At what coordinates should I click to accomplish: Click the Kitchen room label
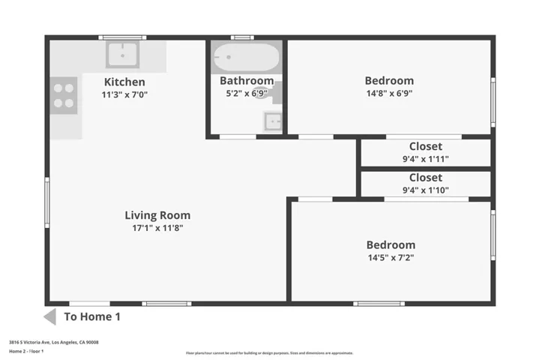pos(124,82)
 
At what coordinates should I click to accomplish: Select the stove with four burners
pos(64,95)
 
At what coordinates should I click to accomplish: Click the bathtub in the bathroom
pos(246,56)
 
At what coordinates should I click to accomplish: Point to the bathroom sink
pos(273,120)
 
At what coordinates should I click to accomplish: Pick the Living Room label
pos(157,215)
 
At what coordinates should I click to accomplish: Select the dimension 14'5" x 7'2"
pos(390,257)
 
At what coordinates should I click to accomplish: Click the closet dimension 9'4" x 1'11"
pos(425,159)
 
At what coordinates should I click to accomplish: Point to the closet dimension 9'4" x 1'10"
pos(425,190)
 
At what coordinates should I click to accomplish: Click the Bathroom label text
pos(247,81)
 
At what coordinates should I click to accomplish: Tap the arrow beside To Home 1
pos(49,316)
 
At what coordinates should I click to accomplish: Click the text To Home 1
pos(92,316)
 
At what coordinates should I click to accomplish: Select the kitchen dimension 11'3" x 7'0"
pos(124,94)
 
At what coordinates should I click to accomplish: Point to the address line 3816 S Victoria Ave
pos(54,342)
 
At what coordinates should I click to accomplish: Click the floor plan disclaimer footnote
pos(269,352)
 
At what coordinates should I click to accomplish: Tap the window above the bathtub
pos(242,37)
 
